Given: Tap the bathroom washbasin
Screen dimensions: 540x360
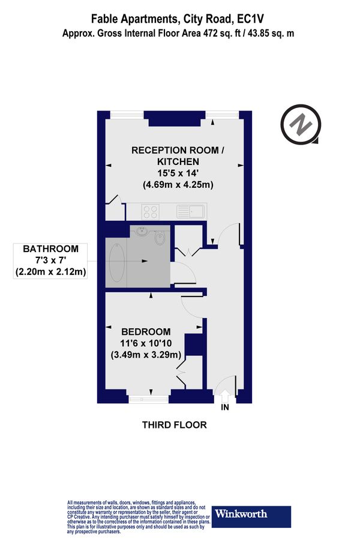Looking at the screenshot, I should (x=142, y=232).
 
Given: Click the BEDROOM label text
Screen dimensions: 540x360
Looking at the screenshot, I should (x=146, y=332).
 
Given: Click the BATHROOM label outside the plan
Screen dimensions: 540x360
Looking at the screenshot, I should (x=51, y=249).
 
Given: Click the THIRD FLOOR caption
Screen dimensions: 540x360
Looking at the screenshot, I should (x=174, y=425).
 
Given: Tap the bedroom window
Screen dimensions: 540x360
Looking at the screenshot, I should (x=148, y=397).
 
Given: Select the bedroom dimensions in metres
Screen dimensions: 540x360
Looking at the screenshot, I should (x=146, y=355).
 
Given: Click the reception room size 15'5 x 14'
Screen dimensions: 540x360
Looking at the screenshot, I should (x=178, y=173).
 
